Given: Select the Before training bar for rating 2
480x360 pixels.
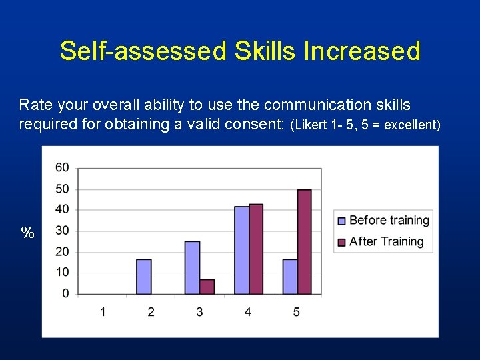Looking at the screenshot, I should coord(143,277).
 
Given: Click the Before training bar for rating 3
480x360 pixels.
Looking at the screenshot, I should coord(192,267).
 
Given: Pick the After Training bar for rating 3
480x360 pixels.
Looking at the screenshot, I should coord(207,287).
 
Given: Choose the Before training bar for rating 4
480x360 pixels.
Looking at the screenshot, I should coord(241,250).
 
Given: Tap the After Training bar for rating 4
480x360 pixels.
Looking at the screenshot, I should coord(255,249).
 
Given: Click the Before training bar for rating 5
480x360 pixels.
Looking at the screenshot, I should coord(289,277).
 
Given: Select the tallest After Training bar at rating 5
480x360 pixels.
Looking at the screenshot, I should coord(304,241).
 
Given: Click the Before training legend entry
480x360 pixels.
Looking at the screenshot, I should coord(383,221).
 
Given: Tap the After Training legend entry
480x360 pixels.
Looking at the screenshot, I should coord(381,241).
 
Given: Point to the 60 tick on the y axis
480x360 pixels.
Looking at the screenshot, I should coord(62,167).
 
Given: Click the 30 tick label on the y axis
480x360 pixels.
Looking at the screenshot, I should coord(62,231).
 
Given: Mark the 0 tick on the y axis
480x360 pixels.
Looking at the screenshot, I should coord(65,293).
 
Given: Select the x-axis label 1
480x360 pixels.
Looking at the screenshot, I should coord(103,312).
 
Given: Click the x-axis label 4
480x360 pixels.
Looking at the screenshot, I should coord(248,312).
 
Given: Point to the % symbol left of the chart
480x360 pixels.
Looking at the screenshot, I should coord(27,233).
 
